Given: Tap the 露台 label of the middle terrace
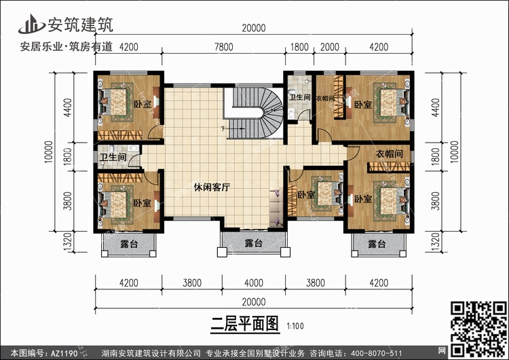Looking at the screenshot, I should (x=253, y=243).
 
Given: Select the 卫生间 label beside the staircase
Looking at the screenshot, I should (x=299, y=98).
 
